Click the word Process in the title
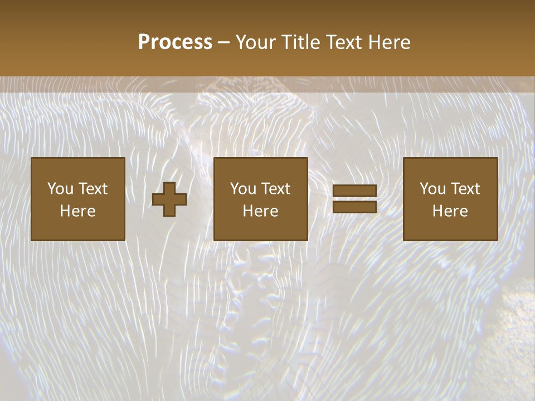(175, 42)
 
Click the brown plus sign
(169, 199)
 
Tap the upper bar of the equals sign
(354, 191)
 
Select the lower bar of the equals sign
(354, 207)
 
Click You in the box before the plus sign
(60, 189)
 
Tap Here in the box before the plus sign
(77, 211)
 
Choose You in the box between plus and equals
(242, 189)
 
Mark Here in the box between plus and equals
(260, 211)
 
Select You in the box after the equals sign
(432, 189)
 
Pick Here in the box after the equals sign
(450, 211)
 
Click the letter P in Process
(144, 42)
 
